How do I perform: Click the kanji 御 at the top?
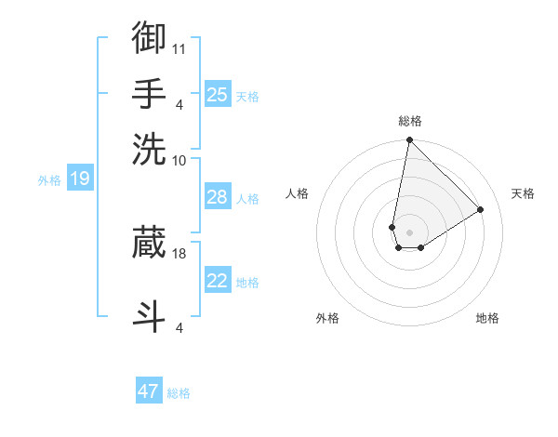pyautogui.click(x=149, y=38)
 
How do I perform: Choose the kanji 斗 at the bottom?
pyautogui.click(x=149, y=315)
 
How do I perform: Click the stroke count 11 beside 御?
pyautogui.click(x=179, y=47)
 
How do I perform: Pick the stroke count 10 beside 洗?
pyautogui.click(x=179, y=160)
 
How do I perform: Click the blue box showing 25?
pyautogui.click(x=218, y=94)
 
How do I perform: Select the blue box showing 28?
pyautogui.click(x=218, y=197)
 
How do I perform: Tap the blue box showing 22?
pyautogui.click(x=218, y=281)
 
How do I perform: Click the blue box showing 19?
pyautogui.click(x=79, y=179)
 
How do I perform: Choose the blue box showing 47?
pyautogui.click(x=149, y=391)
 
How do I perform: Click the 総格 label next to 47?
pyautogui.click(x=179, y=393)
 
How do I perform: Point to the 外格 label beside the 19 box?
pyautogui.click(x=49, y=180)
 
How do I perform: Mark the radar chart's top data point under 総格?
pyautogui.click(x=409, y=141)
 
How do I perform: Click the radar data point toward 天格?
pyautogui.click(x=481, y=210)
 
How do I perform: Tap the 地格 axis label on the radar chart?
pyautogui.click(x=487, y=318)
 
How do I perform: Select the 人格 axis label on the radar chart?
pyautogui.click(x=298, y=193)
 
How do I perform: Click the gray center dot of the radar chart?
pyautogui.click(x=409, y=232)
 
